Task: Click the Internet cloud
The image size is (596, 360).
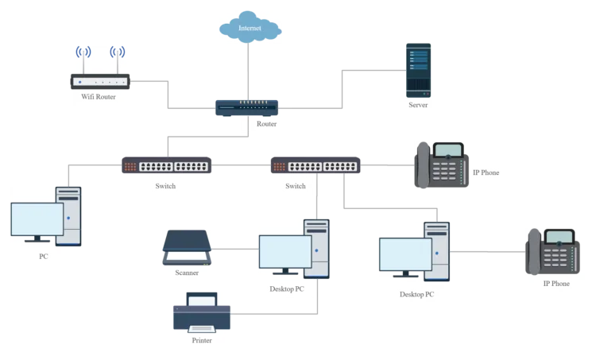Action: [x=250, y=29]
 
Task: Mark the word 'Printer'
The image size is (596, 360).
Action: [x=203, y=341]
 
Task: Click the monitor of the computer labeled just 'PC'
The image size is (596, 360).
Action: [x=37, y=219]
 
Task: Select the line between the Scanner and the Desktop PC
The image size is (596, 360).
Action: [x=234, y=250]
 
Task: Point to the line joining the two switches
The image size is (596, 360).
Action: [x=241, y=167]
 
